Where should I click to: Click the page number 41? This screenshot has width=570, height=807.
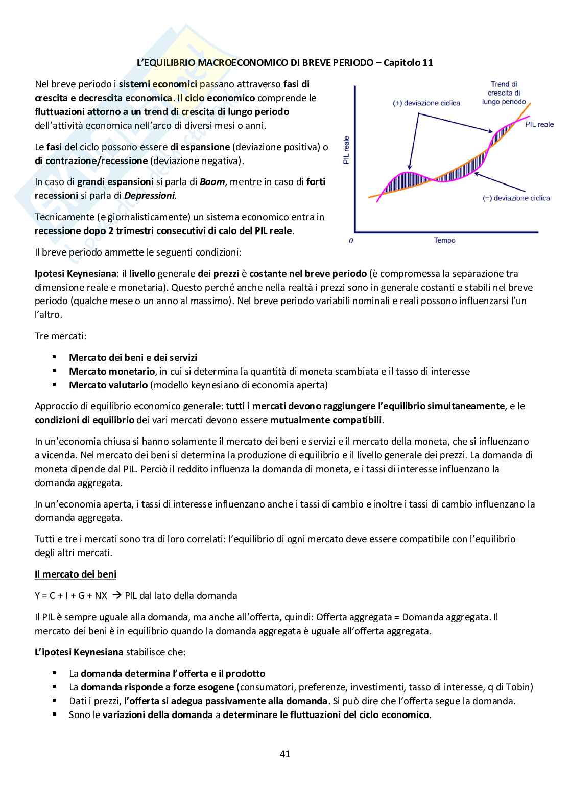click(x=285, y=754)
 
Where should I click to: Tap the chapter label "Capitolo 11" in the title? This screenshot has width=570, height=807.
click(x=408, y=63)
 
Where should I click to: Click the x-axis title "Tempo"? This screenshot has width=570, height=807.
click(x=444, y=240)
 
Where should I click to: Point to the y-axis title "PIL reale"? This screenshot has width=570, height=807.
click(x=346, y=150)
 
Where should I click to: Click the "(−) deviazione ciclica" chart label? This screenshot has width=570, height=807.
click(x=516, y=198)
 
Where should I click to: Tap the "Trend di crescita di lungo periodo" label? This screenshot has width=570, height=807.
click(x=504, y=93)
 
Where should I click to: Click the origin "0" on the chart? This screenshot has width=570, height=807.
click(x=351, y=241)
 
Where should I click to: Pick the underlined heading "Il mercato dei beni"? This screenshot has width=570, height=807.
click(x=76, y=574)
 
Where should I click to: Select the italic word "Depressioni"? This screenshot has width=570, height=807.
click(x=153, y=195)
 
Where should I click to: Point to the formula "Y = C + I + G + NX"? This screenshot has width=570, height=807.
click(x=71, y=595)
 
